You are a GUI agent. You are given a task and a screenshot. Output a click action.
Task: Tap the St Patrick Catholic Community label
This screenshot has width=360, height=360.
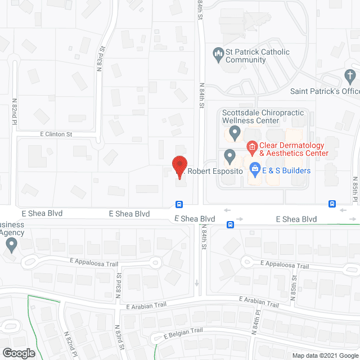(x=258, y=56)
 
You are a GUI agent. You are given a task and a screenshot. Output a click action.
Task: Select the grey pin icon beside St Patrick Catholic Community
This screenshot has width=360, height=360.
(x=218, y=55)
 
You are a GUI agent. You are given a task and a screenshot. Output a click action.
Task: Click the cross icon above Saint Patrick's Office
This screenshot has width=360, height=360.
(x=349, y=75)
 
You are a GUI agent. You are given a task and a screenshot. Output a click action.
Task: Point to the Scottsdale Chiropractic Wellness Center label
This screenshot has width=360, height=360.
(x=263, y=116)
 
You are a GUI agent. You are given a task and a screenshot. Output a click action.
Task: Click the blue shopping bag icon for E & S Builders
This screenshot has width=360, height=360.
(x=255, y=168)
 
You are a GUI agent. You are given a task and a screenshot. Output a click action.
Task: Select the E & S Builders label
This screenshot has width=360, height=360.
(x=286, y=170)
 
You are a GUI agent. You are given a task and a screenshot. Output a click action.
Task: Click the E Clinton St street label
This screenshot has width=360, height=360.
(x=56, y=134)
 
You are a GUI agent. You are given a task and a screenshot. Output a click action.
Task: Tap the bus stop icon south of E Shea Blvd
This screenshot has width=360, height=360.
(x=231, y=224)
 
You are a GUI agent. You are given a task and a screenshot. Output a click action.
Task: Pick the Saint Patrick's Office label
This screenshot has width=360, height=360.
(x=325, y=91)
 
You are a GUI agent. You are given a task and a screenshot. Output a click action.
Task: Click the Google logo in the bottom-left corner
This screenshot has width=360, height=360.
(x=18, y=353)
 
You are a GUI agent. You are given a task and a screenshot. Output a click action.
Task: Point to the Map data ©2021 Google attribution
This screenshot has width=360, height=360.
(x=324, y=355)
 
